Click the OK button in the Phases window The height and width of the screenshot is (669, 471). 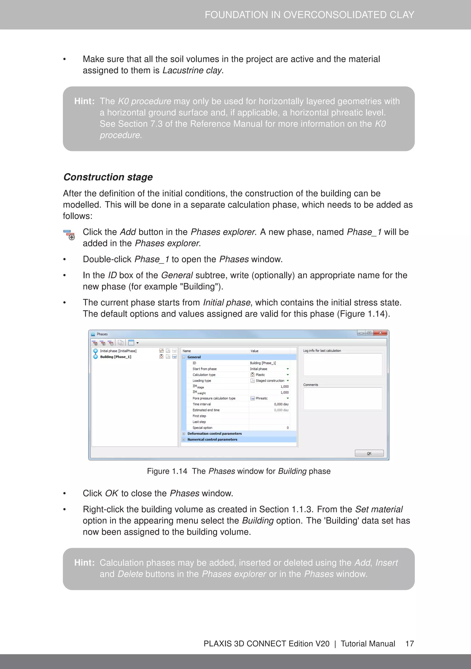coord(369,453)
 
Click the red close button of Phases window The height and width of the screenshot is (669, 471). coord(380,333)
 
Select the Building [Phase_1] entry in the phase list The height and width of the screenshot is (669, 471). coord(115,357)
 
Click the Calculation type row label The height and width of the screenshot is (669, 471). coord(204,375)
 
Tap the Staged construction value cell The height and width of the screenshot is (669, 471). coord(270,381)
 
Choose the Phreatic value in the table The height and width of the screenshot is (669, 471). coord(261,398)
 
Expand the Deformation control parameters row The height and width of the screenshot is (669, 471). coord(184,434)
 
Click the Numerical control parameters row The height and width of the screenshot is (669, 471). coord(212,439)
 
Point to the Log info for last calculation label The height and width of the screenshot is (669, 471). coord(322,350)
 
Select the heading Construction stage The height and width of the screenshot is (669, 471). coord(108,177)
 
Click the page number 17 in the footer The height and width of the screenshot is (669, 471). coord(410,644)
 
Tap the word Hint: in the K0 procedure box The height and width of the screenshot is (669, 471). coord(84,101)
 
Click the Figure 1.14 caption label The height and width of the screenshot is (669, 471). coord(167,471)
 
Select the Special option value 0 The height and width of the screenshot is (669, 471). coord(287,428)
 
